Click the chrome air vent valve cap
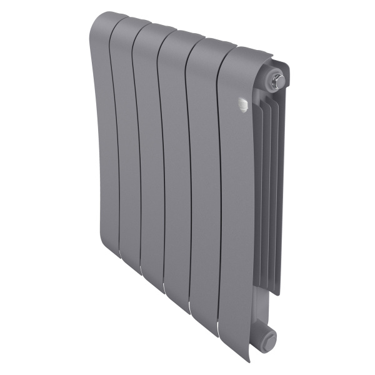(x=279, y=79)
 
